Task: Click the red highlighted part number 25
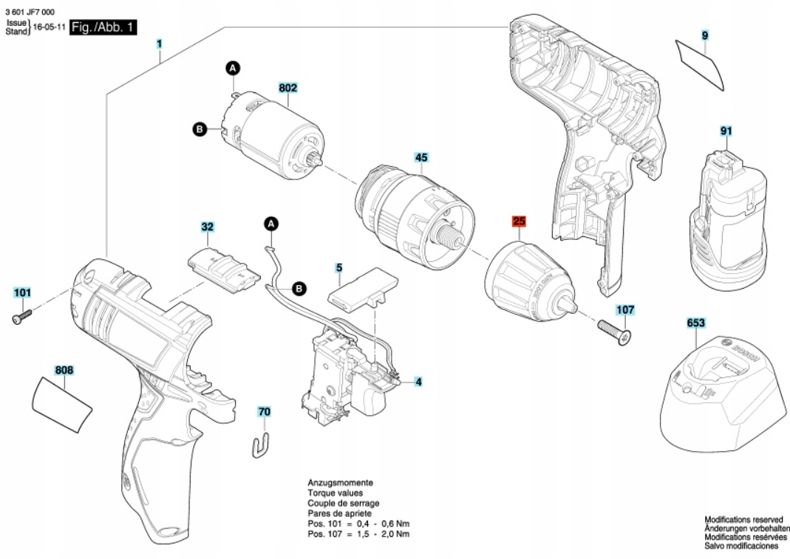(519, 221)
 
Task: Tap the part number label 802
(288, 88)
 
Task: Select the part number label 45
(421, 157)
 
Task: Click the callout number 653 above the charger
(696, 323)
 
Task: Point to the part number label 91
(726, 131)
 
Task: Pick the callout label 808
(64, 369)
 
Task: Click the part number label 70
(264, 411)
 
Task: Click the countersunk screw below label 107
(615, 330)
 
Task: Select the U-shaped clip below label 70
(261, 445)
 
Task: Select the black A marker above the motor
(233, 69)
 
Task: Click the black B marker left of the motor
(198, 129)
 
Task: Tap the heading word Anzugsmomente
(340, 481)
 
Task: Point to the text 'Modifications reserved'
(743, 520)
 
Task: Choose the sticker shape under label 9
(701, 66)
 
